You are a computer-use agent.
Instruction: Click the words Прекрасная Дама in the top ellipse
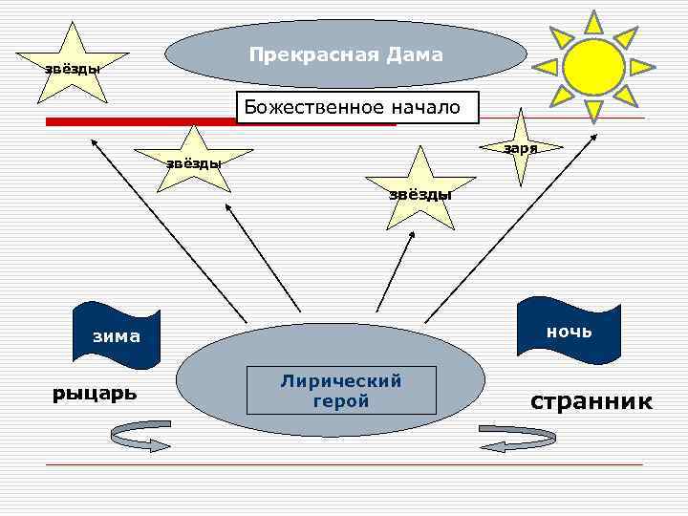[x=346, y=55]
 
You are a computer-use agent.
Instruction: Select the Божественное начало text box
[x=356, y=107]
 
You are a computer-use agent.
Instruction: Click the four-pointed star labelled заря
[x=522, y=145]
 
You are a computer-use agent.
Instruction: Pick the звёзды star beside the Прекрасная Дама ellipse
[x=75, y=67]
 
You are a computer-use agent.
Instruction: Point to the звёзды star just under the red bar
[x=195, y=161]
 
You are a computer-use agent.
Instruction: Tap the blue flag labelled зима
[x=116, y=335]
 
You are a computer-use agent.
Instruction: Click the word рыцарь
[x=94, y=393]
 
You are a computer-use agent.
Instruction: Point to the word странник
[x=591, y=401]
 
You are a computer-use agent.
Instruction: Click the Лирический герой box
[x=341, y=391]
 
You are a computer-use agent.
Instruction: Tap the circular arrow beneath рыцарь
[x=140, y=439]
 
